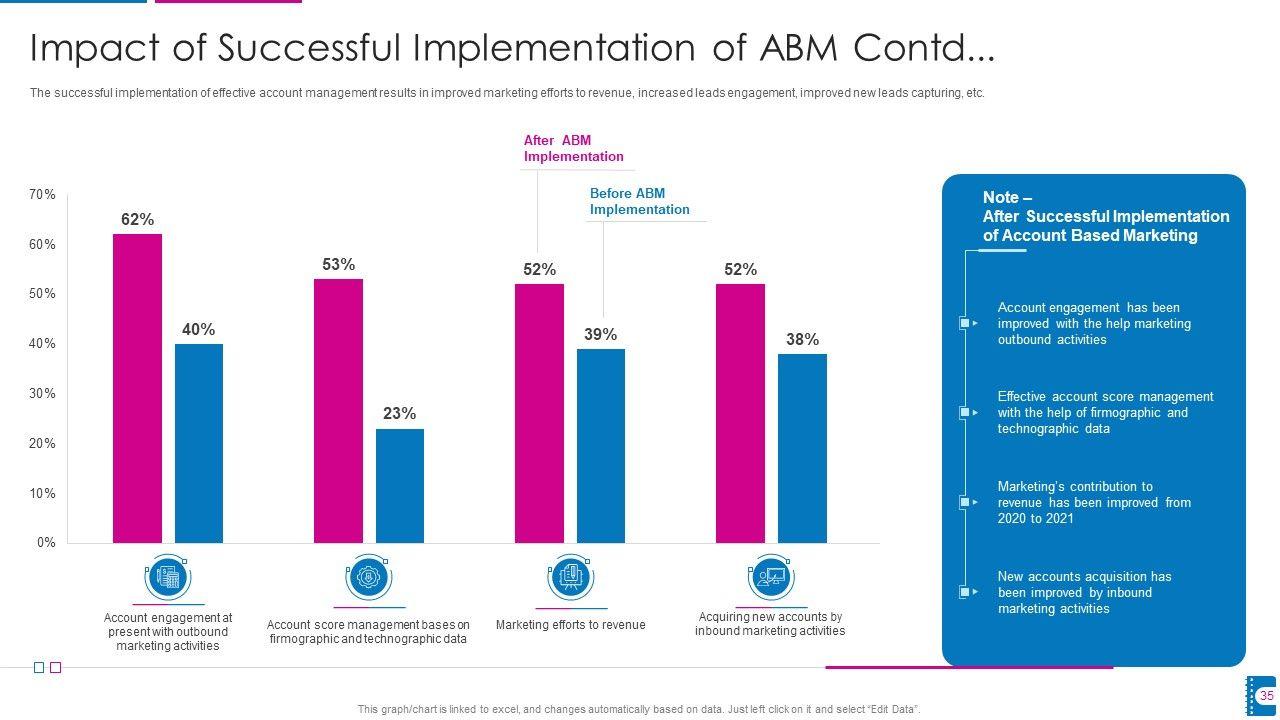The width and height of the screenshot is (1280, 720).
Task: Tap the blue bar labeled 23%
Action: pos(400,486)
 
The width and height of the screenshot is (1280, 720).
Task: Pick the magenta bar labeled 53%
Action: pos(338,410)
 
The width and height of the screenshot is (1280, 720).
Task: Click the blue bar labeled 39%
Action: pos(601,446)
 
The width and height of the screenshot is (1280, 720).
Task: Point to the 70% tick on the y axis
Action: pos(42,195)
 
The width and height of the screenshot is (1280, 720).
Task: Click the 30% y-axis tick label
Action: pos(42,394)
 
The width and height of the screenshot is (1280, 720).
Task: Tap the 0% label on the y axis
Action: pos(46,543)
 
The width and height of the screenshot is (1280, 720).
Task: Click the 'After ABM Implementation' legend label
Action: pos(573,149)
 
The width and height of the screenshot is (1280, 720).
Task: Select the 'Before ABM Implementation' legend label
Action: pos(639,202)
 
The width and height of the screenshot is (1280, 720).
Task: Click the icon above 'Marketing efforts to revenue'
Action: pos(570,578)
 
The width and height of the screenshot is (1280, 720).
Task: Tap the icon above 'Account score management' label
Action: pos(369,578)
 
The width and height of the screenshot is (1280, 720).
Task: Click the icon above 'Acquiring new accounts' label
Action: pos(771,578)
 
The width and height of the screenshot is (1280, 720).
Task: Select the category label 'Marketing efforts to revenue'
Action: pos(570,625)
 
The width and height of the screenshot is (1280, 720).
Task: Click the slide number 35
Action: pos(1266,696)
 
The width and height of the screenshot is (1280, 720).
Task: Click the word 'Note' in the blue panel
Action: pos(1001,198)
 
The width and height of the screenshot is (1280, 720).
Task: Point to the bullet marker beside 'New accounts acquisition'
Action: pos(966,592)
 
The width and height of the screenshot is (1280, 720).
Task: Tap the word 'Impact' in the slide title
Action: pos(95,48)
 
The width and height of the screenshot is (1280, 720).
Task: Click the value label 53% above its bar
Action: pos(338,265)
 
